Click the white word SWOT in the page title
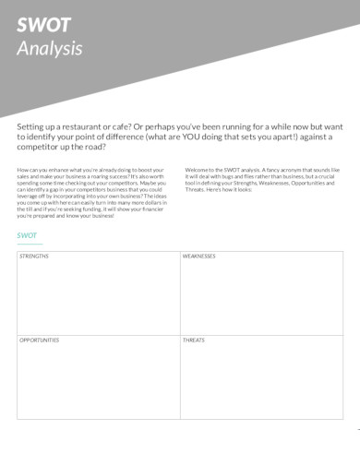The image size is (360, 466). coord(39,27)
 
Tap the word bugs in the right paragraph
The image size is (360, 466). coord(229,175)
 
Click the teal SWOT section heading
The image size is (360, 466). coord(27,234)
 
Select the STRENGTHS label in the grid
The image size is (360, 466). coord(34,256)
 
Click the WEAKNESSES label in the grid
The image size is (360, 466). coord(198,256)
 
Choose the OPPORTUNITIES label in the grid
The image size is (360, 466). coord(40,340)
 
